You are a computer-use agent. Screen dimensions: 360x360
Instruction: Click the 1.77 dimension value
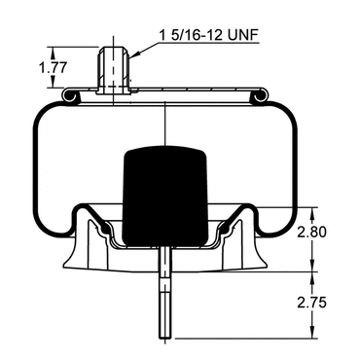(53, 68)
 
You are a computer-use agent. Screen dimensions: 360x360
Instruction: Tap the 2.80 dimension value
(312, 233)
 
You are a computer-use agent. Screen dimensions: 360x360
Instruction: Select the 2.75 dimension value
(312, 303)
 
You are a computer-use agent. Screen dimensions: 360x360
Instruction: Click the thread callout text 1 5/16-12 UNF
(209, 35)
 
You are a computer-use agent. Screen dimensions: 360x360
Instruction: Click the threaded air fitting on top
(114, 70)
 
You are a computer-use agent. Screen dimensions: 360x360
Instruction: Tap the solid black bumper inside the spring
(165, 197)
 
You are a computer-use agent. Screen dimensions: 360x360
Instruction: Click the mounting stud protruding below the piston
(165, 293)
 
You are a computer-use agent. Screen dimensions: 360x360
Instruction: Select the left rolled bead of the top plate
(69, 96)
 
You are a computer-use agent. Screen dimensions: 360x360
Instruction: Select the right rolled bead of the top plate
(261, 96)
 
